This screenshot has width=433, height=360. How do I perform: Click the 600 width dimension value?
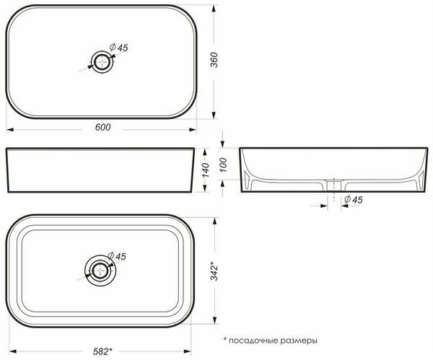tap(102, 127)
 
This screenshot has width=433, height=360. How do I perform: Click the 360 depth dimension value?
tap(213, 61)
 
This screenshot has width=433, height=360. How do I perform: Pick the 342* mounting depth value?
tap(213, 271)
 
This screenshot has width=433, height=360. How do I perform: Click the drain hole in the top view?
tap(102, 62)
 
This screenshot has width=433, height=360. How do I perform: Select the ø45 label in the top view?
tap(119, 48)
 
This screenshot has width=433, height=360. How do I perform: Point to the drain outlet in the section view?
tap(333, 186)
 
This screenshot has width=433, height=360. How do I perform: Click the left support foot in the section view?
tap(249, 183)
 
